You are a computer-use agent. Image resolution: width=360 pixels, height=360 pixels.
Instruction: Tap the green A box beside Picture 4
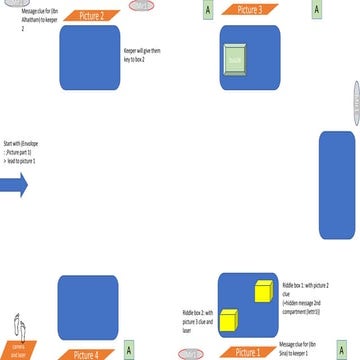coord(129,351)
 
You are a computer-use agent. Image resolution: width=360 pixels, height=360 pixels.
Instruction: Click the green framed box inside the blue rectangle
coord(236,59)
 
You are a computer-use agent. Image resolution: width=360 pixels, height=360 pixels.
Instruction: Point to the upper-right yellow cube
coord(264,291)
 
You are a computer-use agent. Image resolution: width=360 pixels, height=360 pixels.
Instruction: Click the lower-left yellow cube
coord(228,319)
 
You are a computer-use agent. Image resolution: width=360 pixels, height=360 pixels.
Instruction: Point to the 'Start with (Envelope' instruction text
coord(20,152)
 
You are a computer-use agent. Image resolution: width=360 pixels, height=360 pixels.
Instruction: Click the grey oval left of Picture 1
coord(189,353)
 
